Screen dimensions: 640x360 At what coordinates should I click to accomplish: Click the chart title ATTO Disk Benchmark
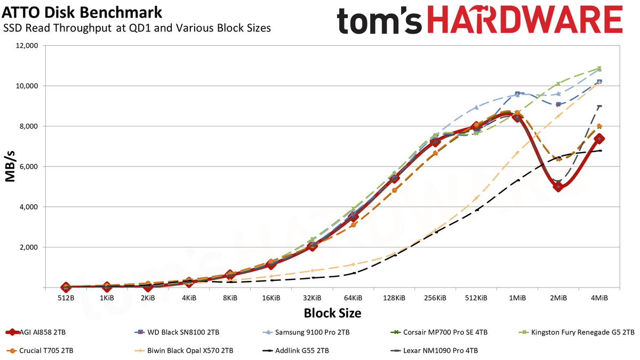82,12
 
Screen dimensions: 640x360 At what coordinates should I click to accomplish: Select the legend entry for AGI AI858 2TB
35,332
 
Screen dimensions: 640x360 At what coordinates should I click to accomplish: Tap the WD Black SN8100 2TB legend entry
177,332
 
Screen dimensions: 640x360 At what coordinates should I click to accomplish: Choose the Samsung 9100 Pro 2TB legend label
306,332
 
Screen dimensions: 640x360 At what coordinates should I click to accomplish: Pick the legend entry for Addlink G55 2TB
295,350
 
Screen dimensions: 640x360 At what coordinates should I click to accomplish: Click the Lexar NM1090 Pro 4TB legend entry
434,350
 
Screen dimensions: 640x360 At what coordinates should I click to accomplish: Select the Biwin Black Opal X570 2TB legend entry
183,350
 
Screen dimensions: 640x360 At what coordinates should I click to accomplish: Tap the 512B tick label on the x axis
66,298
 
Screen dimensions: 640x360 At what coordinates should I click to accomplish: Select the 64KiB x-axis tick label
353,298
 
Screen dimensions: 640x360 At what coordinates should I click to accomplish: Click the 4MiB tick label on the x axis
599,298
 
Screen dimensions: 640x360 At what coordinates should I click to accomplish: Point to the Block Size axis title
333,313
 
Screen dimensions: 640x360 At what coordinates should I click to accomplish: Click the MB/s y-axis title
10,166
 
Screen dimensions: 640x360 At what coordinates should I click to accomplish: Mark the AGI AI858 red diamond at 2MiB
558,187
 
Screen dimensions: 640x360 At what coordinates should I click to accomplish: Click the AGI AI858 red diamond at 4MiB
599,139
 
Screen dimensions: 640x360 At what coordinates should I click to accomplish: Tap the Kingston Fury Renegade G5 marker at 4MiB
599,68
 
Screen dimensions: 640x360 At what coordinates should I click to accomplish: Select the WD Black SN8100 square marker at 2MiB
558,105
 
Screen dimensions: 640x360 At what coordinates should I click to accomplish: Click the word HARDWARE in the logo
525,20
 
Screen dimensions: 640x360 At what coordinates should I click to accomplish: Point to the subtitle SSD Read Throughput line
137,28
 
